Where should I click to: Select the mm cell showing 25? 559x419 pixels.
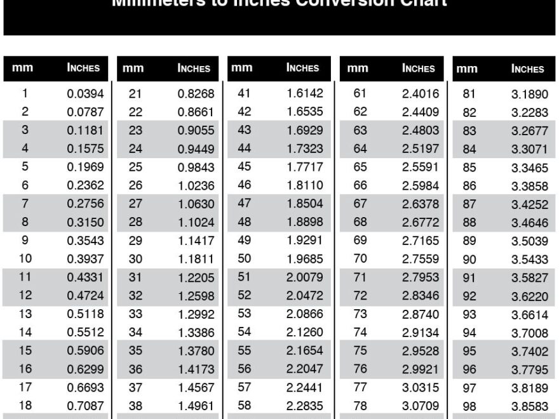point(135,168)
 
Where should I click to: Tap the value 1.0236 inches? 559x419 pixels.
point(195,186)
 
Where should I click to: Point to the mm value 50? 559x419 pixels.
point(244,258)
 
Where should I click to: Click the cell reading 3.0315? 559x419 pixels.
point(420,387)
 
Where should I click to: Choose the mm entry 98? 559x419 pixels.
point(469,406)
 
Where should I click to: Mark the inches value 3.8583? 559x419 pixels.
point(529,406)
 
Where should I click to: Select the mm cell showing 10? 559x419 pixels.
point(25,258)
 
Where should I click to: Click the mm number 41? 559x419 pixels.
point(244,93)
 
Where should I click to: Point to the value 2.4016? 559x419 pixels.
point(420,94)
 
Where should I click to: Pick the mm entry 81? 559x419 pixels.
point(469,95)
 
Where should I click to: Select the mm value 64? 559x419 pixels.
point(360,149)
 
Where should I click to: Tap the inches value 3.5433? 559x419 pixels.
point(529,260)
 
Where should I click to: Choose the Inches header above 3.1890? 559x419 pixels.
point(528,69)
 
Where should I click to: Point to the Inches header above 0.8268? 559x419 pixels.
point(194,69)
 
